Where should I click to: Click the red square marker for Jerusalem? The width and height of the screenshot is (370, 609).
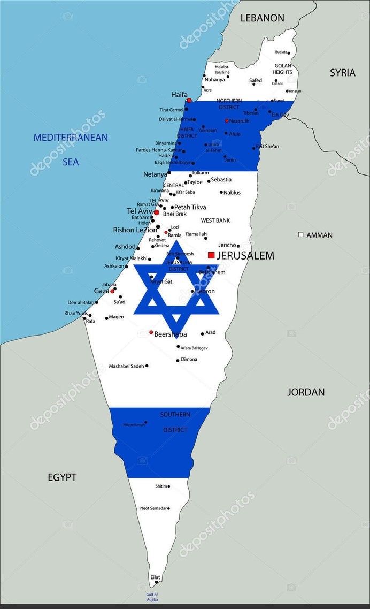211,255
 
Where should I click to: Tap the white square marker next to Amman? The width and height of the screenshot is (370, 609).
300,235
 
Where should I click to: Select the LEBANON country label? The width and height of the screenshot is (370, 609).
262,18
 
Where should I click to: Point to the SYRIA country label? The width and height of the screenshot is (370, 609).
342,73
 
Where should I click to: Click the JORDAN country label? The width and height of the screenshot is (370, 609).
306,392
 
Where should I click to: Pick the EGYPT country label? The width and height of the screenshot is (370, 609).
62,477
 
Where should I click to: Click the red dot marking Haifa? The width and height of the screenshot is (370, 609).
189,100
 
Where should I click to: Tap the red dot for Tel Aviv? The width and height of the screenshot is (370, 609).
157,212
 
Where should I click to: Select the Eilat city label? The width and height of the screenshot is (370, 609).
155,577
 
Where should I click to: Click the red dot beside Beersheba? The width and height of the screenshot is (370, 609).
151,332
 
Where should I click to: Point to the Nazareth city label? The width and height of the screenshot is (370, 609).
239,121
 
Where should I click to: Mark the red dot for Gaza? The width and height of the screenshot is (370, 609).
112,291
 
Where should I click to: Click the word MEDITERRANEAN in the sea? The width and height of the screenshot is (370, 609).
71,138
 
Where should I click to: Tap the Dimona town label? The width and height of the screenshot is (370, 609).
189,360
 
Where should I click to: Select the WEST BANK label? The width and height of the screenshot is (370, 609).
215,220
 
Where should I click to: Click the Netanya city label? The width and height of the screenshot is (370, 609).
155,174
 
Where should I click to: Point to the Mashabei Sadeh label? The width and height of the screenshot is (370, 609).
126,366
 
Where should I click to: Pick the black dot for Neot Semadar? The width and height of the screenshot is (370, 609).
169,508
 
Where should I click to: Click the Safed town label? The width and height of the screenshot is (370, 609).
256,81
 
